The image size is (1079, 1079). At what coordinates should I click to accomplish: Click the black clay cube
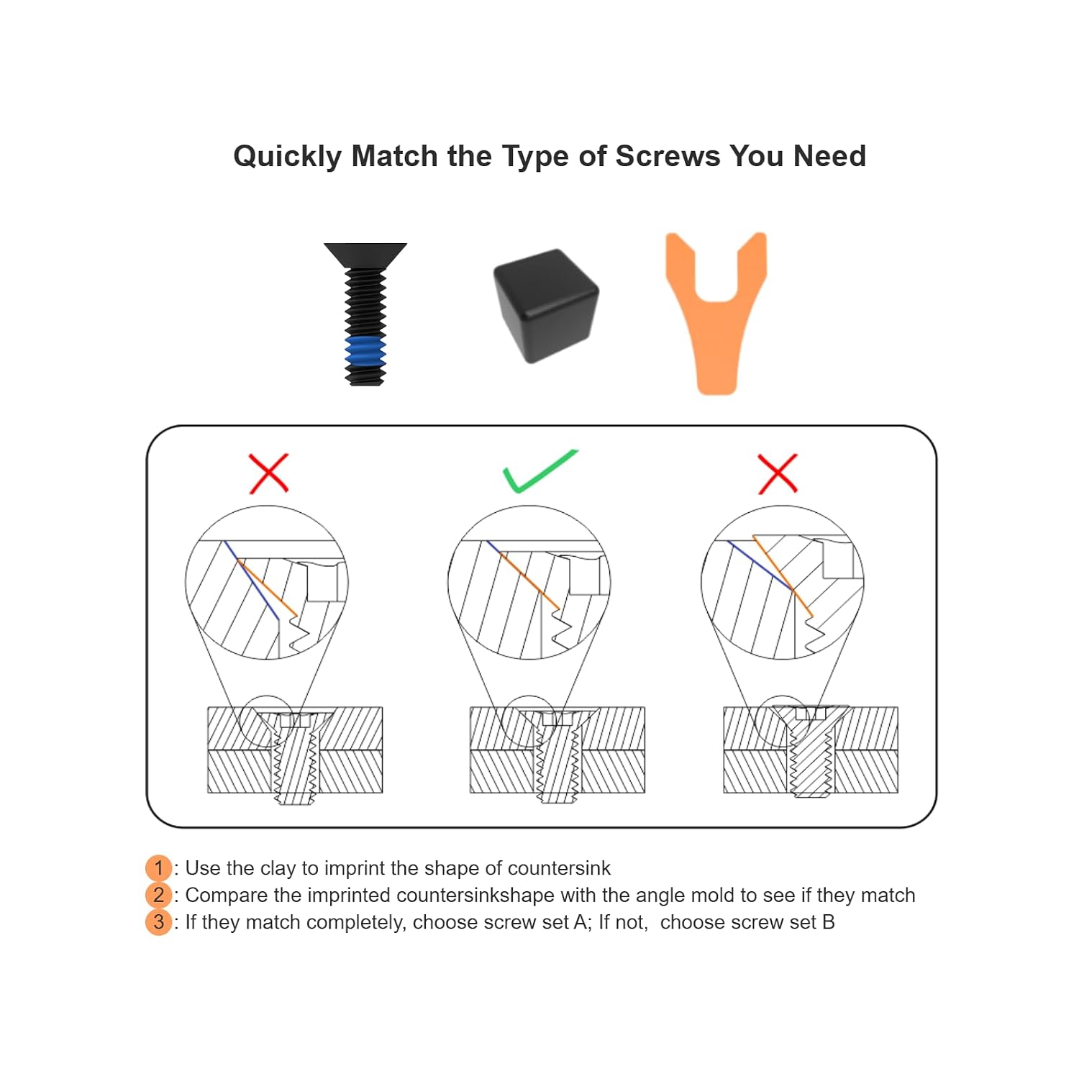tap(546, 306)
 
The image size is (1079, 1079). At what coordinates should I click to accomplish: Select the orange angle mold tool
tap(716, 313)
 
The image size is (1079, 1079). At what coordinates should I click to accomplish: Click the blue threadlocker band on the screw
tap(365, 352)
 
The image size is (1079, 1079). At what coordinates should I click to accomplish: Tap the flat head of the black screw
tap(365, 255)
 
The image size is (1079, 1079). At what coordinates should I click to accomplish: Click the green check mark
tap(539, 471)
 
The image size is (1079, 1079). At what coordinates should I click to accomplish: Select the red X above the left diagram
tap(268, 473)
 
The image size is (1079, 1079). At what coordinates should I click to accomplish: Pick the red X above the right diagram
tap(778, 473)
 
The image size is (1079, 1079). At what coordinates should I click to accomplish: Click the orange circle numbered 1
tap(158, 868)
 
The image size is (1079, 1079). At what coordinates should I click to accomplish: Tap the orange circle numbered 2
tap(158, 895)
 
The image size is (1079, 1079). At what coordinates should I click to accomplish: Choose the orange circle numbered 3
tap(158, 922)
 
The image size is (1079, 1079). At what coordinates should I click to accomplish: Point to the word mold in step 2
tap(712, 895)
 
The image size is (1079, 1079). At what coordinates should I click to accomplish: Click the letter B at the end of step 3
tap(828, 922)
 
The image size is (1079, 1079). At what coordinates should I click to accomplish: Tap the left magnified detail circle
tap(267, 583)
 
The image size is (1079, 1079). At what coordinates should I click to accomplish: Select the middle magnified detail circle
tap(529, 583)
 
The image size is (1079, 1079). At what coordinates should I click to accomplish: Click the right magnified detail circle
tap(783, 583)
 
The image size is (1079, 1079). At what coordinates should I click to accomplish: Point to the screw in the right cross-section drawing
tap(811, 752)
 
